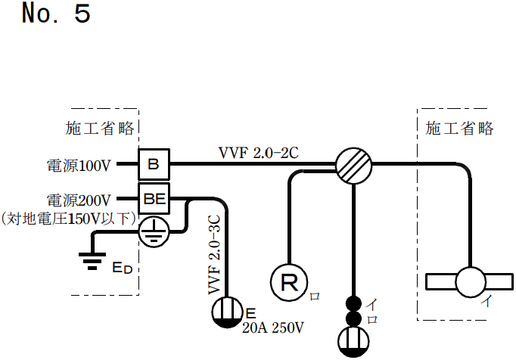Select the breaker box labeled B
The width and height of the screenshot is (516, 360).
coord(154,163)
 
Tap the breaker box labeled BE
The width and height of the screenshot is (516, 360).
coord(154,200)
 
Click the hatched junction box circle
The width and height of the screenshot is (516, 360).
coord(355,164)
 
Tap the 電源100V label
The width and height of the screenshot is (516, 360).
coord(79,164)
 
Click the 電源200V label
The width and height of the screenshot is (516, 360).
coord(79,200)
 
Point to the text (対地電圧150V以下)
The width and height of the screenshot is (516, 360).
coord(69,219)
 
